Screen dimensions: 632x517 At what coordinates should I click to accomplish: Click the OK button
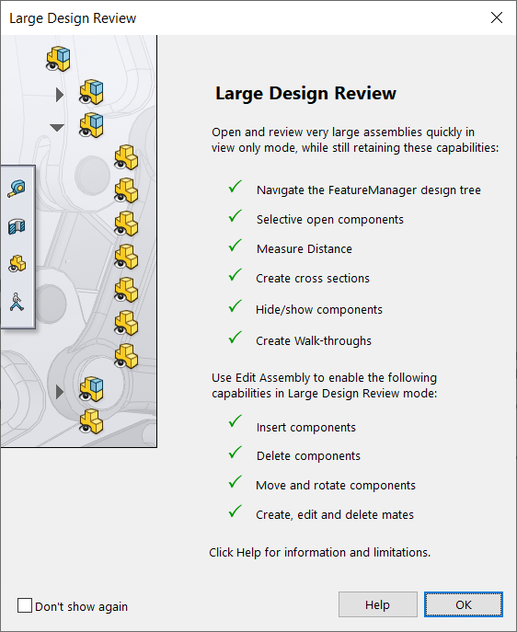tap(463, 604)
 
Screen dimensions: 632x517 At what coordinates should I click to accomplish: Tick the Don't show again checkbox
tap(25, 605)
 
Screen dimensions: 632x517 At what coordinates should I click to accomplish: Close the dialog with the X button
tap(497, 17)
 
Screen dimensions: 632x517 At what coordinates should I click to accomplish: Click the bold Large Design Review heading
tap(305, 94)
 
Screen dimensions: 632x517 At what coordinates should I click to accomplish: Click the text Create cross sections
tap(312, 278)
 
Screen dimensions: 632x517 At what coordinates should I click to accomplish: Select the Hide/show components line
tap(318, 309)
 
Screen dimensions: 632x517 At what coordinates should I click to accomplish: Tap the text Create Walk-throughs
tap(314, 340)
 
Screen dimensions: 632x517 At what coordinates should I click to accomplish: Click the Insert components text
tap(305, 427)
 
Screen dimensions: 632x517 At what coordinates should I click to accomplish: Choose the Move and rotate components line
tap(336, 485)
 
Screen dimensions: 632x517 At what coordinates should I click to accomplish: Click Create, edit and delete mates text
tap(335, 514)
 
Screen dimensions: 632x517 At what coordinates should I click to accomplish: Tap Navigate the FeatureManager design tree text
tap(368, 190)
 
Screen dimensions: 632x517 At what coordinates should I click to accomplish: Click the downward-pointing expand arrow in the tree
tap(58, 127)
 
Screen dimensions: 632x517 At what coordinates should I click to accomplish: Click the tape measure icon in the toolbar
tap(17, 189)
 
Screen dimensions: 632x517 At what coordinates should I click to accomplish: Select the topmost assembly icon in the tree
tap(58, 59)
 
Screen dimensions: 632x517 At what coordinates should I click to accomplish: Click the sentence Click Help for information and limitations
tap(320, 553)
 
